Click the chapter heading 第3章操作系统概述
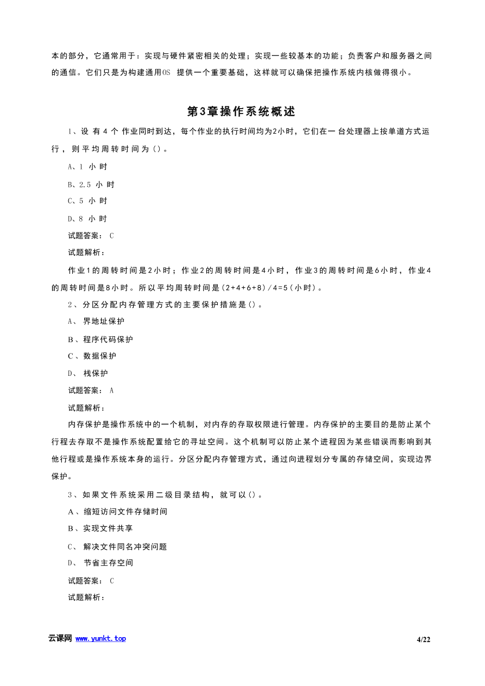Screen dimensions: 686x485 pyautogui.click(x=241, y=111)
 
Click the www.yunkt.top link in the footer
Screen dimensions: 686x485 pyautogui.click(x=100, y=639)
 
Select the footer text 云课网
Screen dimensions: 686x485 pyautogui.click(x=60, y=639)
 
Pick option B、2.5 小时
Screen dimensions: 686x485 pyautogui.click(x=91, y=185)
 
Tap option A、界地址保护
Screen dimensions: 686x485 pyautogui.click(x=96, y=322)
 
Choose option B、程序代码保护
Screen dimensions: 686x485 pyautogui.click(x=100, y=339)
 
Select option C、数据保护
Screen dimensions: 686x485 pyautogui.click(x=92, y=356)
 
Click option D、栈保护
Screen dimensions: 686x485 pyautogui.click(x=88, y=374)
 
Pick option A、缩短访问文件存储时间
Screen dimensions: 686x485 pyautogui.click(x=117, y=512)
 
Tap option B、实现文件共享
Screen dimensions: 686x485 pyautogui.click(x=100, y=528)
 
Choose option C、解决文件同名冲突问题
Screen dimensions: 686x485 pyautogui.click(x=117, y=547)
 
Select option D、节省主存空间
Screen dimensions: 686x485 pyautogui.click(x=100, y=563)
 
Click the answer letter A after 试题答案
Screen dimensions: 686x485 pyautogui.click(x=112, y=391)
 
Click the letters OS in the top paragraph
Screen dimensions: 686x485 pyautogui.click(x=166, y=72)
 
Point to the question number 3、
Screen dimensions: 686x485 pyautogui.click(x=72, y=495)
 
